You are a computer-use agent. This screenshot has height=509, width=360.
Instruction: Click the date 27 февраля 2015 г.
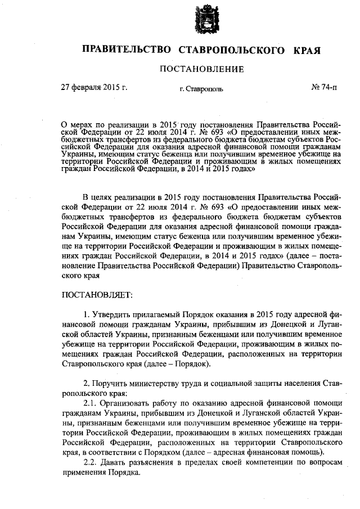point(94,88)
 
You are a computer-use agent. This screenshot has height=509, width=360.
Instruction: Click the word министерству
point(165,382)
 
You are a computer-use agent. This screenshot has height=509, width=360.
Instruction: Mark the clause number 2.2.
point(90,462)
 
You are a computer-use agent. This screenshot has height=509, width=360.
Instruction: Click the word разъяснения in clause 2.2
point(154,462)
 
